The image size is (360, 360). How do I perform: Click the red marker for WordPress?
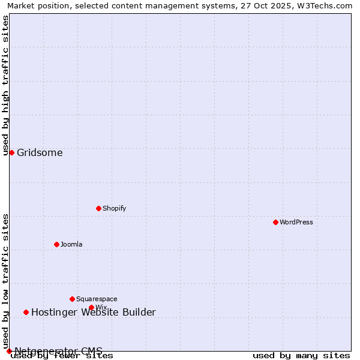(275, 222)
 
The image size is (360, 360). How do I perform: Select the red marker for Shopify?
(98, 208)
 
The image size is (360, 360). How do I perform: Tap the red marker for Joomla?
(56, 244)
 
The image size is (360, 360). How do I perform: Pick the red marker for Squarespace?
(72, 299)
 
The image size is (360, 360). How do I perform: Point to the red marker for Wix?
(91, 307)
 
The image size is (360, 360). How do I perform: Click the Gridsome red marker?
(11, 152)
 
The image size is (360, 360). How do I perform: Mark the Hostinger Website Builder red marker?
(26, 312)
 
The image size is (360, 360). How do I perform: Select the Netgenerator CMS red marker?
(9, 351)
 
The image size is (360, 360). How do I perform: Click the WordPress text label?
(296, 222)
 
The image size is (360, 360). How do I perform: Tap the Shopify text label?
(115, 208)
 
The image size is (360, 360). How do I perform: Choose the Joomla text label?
(71, 244)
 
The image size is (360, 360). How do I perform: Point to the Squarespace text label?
(97, 299)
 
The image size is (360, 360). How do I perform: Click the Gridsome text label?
(40, 152)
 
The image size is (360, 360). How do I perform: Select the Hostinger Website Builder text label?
(94, 312)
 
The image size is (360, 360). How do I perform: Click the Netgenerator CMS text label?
(58, 351)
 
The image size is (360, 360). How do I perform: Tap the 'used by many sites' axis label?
(301, 356)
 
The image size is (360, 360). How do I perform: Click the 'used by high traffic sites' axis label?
(5, 85)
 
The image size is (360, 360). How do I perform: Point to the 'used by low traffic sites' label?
(5, 281)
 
